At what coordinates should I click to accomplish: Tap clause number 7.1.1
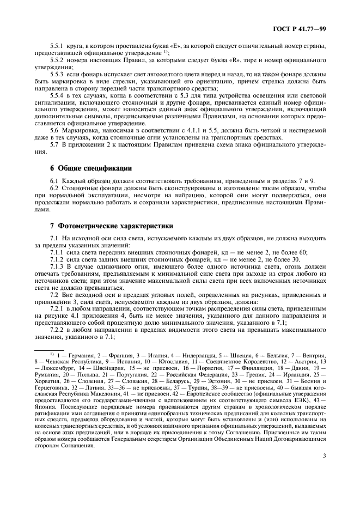pyautogui.click(x=58, y=253)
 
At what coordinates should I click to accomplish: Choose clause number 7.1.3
pyautogui.click(x=58, y=267)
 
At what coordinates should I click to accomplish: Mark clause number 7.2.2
pyautogui.click(x=58, y=331)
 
